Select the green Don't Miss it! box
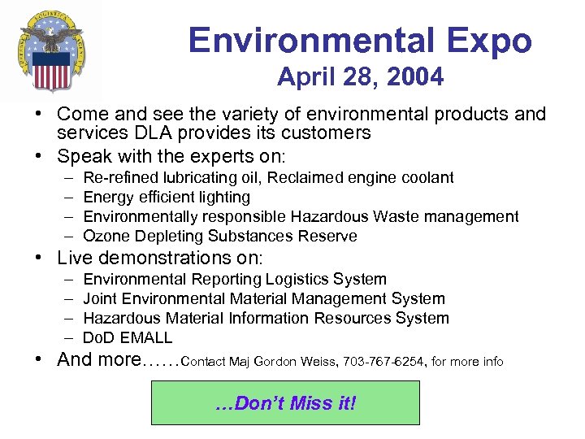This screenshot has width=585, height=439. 285,402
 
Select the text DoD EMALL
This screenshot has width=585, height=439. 128,337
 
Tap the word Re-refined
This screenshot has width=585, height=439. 119,177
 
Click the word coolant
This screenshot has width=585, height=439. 426,177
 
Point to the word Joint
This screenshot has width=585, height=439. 100,298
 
